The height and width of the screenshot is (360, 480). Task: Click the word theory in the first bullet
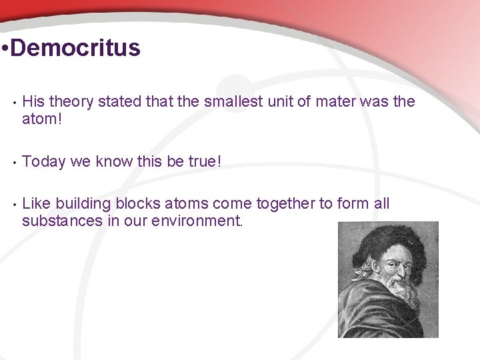71,101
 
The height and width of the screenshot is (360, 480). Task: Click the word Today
44,161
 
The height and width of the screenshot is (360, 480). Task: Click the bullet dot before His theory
12,102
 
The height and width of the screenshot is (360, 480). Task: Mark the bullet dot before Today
12,161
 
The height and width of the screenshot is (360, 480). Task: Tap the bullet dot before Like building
12,204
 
